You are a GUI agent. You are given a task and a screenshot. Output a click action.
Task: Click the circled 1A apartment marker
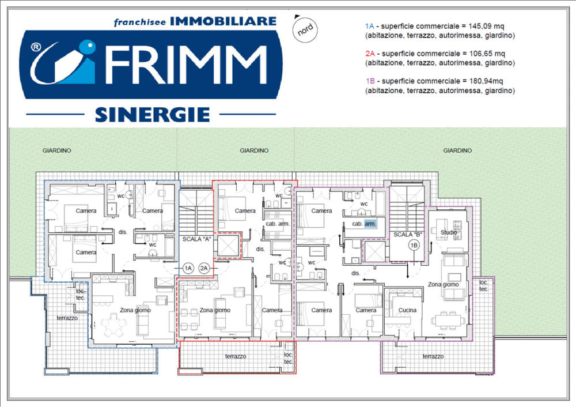tap(188, 268)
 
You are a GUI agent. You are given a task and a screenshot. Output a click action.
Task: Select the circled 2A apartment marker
tap(204, 268)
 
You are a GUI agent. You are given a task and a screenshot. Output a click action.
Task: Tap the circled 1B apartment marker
tap(414, 245)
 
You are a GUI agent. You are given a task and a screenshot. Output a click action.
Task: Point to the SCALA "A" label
tap(196, 239)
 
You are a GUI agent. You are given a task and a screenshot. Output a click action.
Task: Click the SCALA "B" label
tap(408, 234)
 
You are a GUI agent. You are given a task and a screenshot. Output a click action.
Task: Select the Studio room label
tap(449, 232)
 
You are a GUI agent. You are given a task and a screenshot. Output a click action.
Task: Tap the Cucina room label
tap(407, 310)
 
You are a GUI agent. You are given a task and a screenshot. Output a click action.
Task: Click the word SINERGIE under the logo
tap(153, 115)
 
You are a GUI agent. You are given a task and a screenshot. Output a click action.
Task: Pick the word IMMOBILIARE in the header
tap(223, 21)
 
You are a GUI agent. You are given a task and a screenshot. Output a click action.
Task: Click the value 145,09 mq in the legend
tap(486, 26)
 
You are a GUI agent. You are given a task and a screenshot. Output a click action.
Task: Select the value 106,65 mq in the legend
tap(487, 54)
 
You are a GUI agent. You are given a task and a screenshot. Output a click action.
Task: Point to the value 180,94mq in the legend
tap(486, 81)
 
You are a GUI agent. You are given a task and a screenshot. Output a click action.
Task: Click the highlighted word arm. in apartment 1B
tap(370, 224)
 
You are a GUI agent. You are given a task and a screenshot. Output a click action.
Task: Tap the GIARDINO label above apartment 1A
tap(57, 150)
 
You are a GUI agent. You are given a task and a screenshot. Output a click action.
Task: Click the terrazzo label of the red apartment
tap(236, 356)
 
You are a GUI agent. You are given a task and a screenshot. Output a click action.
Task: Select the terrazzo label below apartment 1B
tap(433, 356)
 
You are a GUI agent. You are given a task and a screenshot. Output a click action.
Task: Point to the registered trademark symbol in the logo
tap(36, 47)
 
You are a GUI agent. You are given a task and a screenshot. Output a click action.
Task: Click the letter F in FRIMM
tap(118, 65)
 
